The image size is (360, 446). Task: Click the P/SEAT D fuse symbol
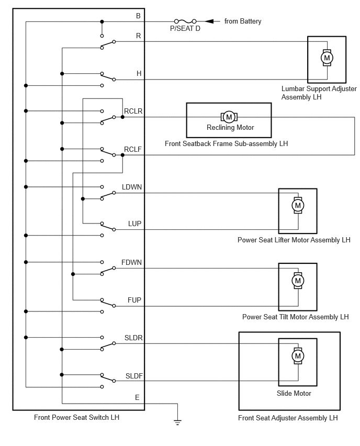pos(185,21)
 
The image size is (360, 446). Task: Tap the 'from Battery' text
pos(243,21)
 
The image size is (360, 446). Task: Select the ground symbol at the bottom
pos(177,422)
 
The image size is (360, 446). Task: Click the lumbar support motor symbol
pos(327,58)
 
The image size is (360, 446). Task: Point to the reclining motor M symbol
pos(229,117)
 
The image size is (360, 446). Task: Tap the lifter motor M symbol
pos(298,205)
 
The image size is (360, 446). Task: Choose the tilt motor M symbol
pos(298,281)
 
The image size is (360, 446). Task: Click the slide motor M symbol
pos(298,356)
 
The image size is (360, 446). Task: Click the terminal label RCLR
pos(133,111)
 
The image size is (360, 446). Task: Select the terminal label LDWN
pos(132,187)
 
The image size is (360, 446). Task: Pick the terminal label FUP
pos(134,300)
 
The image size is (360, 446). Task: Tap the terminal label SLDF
pos(134,376)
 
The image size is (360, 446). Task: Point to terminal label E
pos(137,397)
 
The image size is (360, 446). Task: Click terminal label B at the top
pos(138,16)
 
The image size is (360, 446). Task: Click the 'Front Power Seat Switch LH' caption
pos(76,417)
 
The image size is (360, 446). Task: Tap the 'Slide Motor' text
pos(294,393)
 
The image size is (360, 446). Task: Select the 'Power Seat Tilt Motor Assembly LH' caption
pos(296,317)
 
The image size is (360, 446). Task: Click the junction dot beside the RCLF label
pos(122,155)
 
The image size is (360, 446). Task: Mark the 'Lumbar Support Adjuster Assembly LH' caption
pos(319,93)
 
